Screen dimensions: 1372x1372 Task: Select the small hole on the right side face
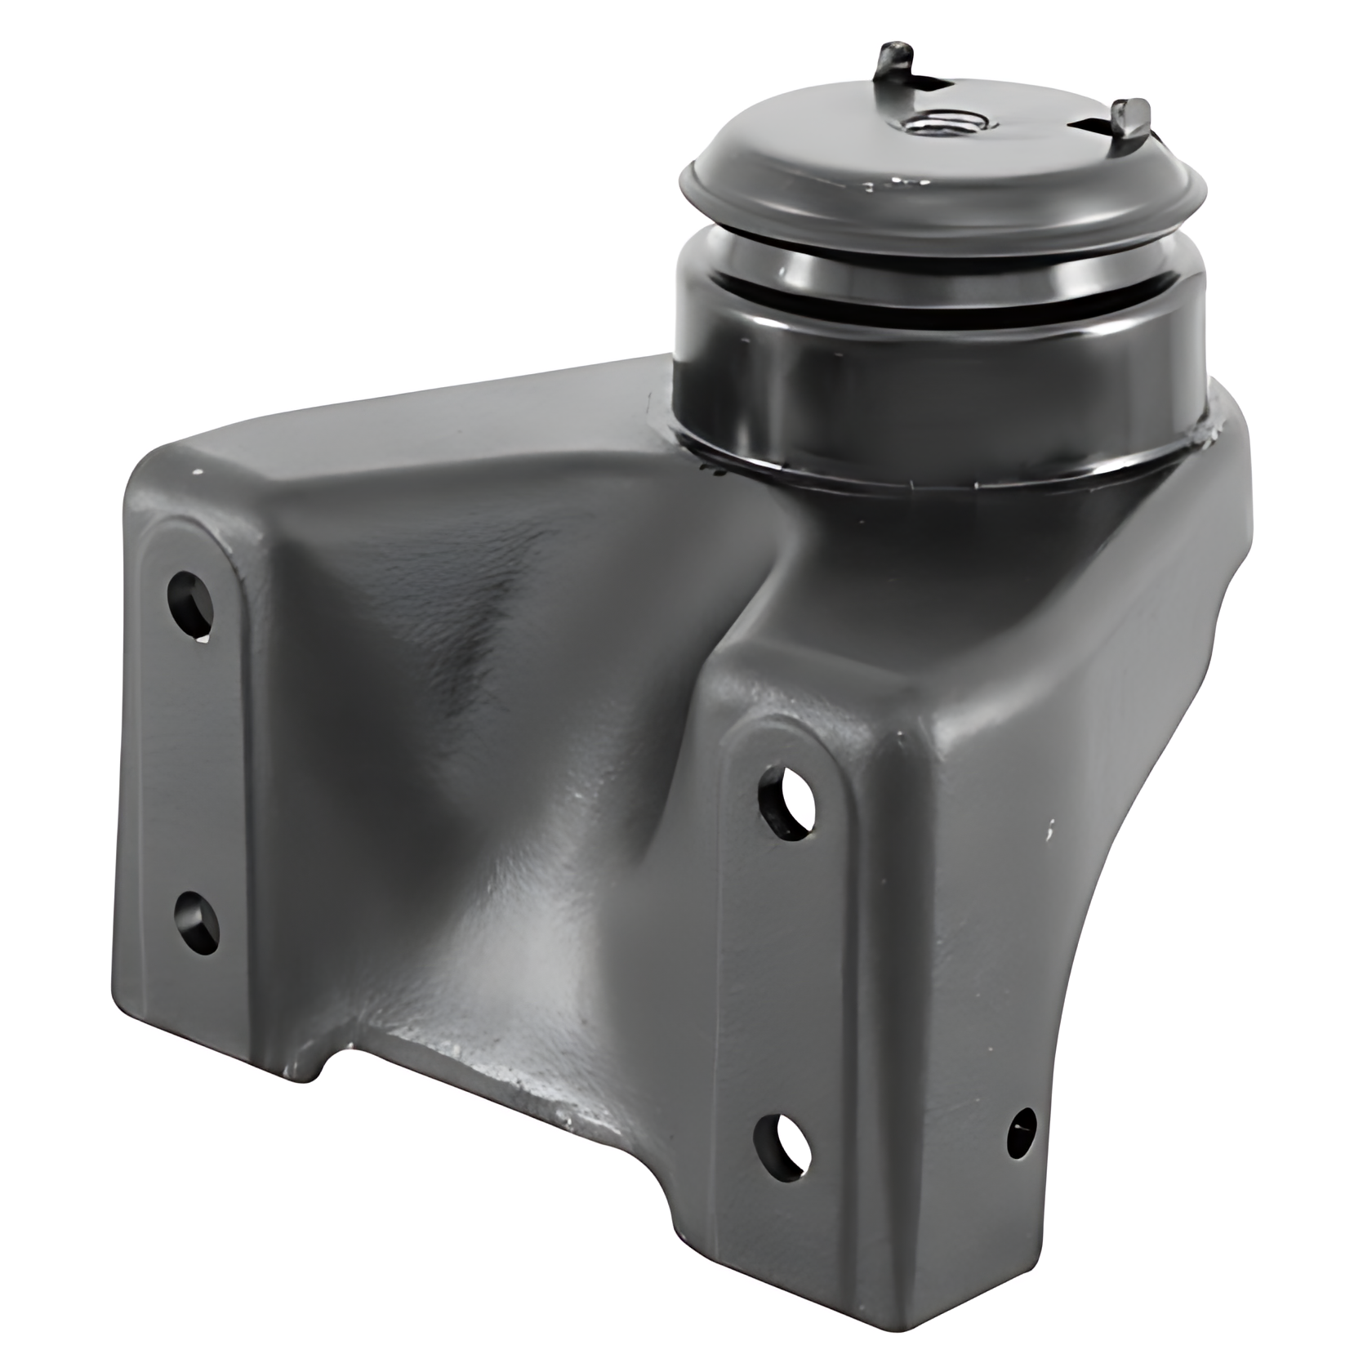tap(1022, 1132)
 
